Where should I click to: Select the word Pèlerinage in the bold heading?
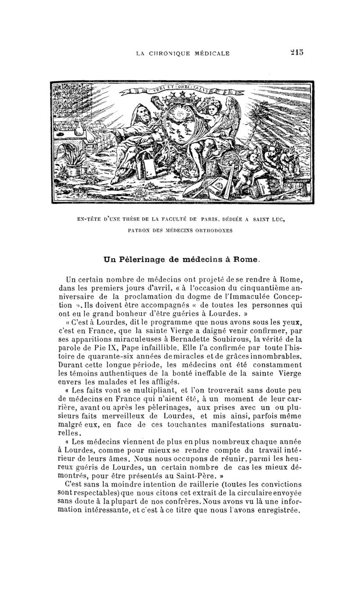(x=141, y=259)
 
